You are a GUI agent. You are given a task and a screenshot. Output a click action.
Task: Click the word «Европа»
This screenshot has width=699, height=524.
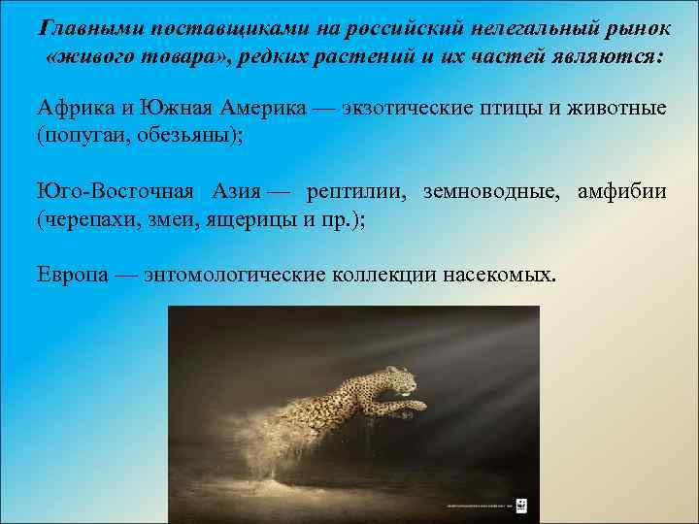click(x=69, y=274)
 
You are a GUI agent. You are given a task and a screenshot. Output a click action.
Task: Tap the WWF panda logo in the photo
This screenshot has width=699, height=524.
click(x=520, y=504)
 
